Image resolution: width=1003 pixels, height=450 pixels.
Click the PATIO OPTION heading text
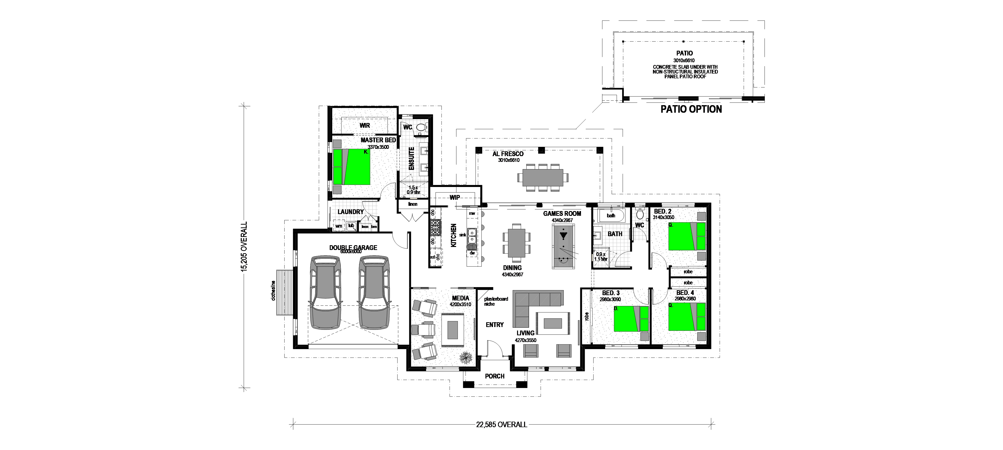[691, 109]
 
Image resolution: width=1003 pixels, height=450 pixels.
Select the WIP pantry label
[455, 198]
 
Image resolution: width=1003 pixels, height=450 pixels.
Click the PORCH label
[494, 376]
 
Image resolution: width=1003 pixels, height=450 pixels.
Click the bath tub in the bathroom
[611, 215]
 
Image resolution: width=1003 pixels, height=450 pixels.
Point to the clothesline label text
[274, 290]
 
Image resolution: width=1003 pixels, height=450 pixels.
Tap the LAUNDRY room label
[351, 212]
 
